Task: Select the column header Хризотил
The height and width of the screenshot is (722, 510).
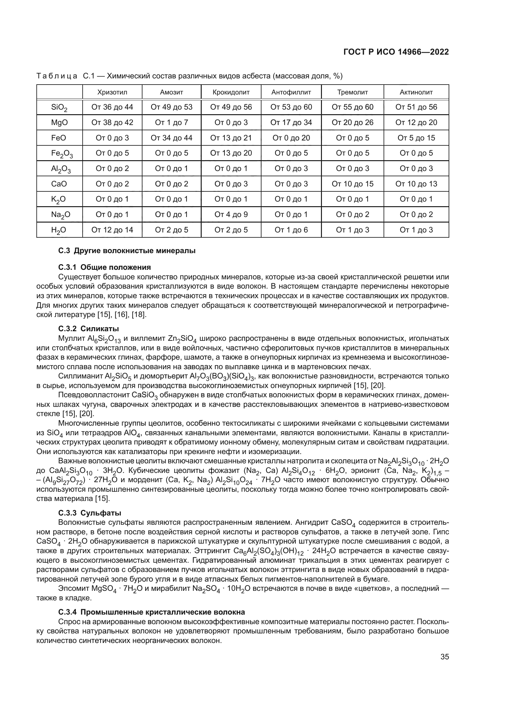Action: click(x=112, y=92)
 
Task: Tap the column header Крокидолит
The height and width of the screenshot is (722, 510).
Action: click(x=231, y=92)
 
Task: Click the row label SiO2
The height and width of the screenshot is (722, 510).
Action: click(x=59, y=107)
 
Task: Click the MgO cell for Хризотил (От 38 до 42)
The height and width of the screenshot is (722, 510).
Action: click(x=112, y=122)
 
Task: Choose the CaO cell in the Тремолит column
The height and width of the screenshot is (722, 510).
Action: click(x=352, y=184)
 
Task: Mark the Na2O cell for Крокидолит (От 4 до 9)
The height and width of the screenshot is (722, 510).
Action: click(x=231, y=215)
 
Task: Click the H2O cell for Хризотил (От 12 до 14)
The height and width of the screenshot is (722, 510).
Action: click(x=112, y=230)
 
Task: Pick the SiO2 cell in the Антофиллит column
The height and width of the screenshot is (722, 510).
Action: click(x=291, y=107)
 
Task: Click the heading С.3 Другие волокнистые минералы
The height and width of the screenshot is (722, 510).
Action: click(x=127, y=251)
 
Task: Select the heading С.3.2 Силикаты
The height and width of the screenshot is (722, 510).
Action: click(x=88, y=329)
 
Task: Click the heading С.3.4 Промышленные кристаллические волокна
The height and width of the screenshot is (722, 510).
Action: click(x=151, y=612)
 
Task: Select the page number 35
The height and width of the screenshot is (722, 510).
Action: click(x=444, y=657)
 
